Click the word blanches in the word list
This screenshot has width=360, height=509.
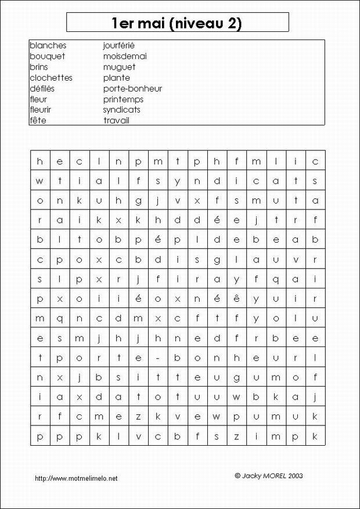click(48, 45)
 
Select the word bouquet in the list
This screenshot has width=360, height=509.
click(47, 56)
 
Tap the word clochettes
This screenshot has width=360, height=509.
click(51, 78)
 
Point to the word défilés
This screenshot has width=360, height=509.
click(42, 89)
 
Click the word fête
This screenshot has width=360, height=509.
click(38, 121)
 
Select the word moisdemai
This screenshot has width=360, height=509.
click(125, 56)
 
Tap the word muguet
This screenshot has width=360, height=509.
click(119, 67)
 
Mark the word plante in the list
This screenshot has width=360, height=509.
click(117, 78)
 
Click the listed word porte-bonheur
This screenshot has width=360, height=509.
click(132, 89)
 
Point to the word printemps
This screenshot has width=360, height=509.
click(123, 99)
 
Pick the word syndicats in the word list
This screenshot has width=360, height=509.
click(122, 110)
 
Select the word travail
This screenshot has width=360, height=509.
click(116, 121)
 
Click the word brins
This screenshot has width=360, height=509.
click(39, 67)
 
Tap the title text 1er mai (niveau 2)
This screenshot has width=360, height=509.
click(177, 23)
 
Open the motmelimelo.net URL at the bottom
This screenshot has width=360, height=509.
click(76, 478)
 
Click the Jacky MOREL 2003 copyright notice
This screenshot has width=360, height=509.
click(268, 475)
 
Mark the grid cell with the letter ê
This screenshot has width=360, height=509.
click(236, 299)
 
